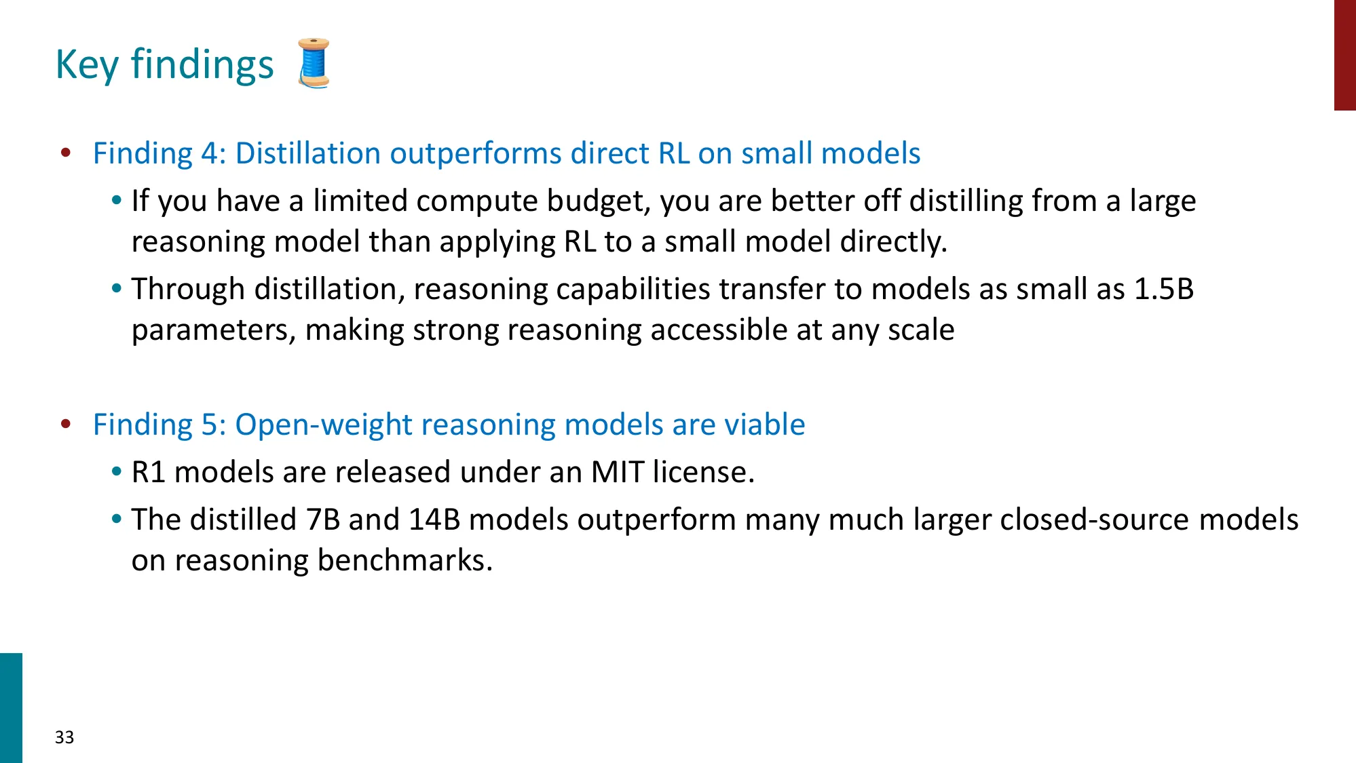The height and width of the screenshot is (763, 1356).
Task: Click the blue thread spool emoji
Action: click(x=314, y=63)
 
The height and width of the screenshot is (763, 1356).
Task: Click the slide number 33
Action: click(x=64, y=737)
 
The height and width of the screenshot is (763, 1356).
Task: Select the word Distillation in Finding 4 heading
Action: click(x=307, y=153)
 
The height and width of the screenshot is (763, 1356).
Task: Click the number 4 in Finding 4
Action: click(x=209, y=153)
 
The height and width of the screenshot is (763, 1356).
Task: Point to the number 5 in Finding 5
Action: click(x=209, y=425)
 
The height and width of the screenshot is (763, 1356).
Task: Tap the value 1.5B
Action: click(x=1164, y=289)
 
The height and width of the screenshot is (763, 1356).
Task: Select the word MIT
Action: click(x=617, y=472)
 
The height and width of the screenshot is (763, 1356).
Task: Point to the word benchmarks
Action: click(x=404, y=560)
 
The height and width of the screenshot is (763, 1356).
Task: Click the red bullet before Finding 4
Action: click(x=66, y=153)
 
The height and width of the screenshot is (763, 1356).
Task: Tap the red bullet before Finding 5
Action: click(x=66, y=424)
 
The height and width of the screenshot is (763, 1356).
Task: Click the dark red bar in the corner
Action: click(x=1344, y=54)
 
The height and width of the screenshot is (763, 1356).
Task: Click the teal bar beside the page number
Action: click(x=11, y=707)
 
